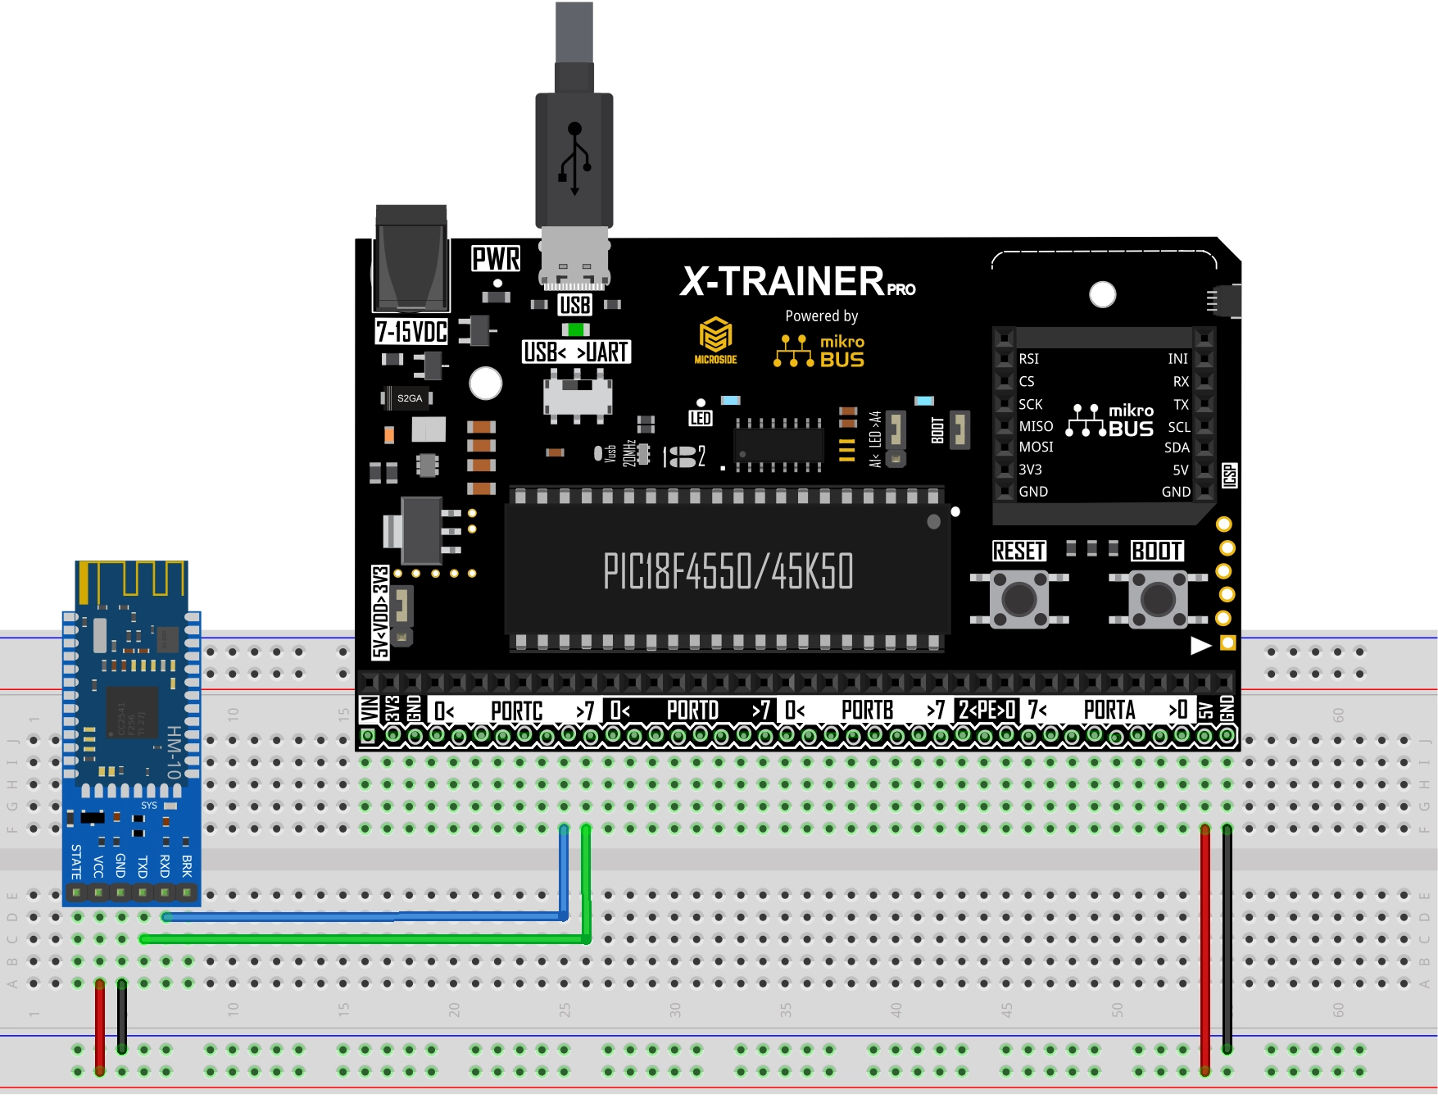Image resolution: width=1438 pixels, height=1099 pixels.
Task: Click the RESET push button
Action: (1018, 599)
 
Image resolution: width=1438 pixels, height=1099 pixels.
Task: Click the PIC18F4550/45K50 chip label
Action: (728, 571)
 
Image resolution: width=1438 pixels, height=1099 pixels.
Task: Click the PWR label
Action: (496, 259)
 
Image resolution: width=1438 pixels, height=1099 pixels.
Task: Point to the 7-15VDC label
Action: (411, 332)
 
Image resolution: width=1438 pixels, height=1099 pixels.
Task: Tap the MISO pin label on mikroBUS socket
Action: (1036, 426)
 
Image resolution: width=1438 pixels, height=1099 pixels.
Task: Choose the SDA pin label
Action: (1177, 447)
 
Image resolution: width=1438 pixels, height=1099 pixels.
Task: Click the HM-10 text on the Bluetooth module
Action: (174, 752)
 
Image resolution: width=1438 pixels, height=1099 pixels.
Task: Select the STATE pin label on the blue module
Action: (76, 861)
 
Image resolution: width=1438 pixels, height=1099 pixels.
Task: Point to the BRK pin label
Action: (187, 865)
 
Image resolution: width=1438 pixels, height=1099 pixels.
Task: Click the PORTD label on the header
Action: (692, 710)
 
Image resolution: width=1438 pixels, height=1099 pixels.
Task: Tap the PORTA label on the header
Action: (1109, 710)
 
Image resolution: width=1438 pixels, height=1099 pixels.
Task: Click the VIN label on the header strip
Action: (369, 709)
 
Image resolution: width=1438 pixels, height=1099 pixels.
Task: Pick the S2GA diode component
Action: (409, 398)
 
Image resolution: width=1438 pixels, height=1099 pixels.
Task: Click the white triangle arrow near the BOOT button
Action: (1200, 646)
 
